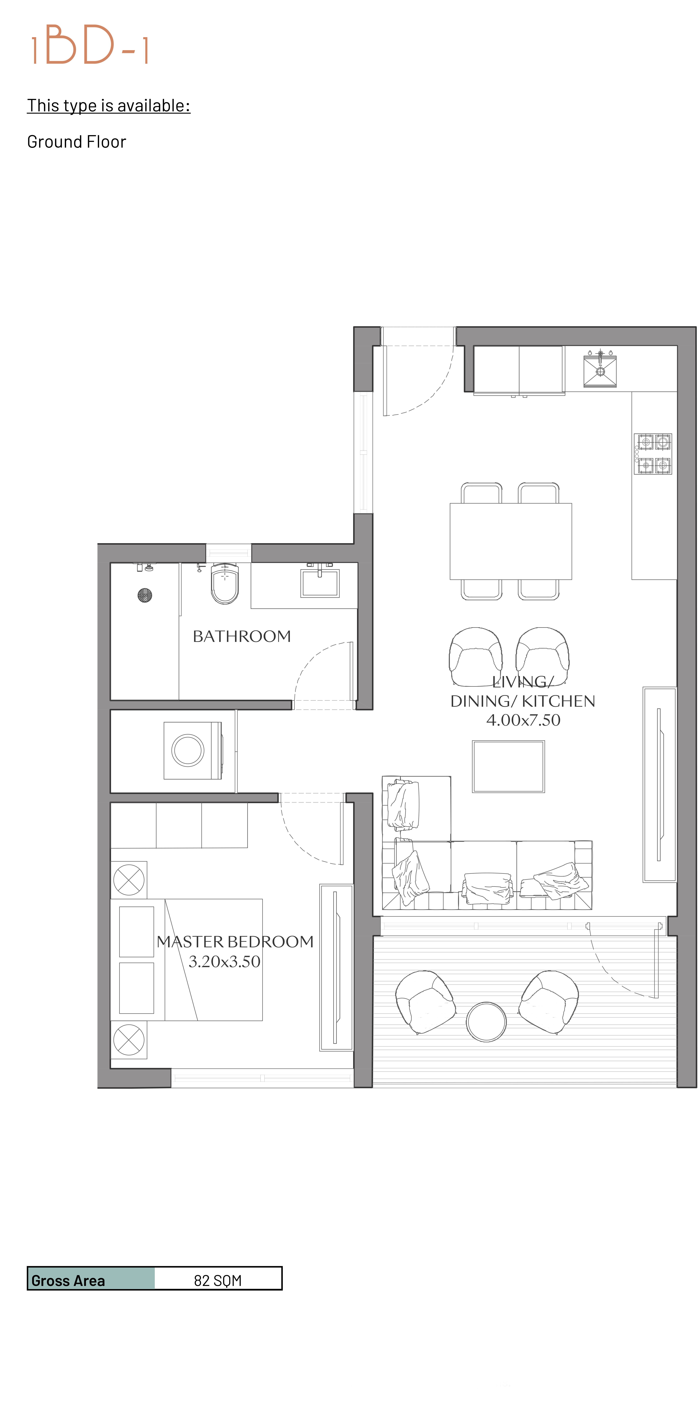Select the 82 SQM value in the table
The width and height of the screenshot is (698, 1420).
218,1280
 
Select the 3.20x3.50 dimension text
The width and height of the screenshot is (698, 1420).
224,961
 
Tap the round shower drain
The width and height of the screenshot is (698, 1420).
144,595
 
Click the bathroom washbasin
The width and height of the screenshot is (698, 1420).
320,582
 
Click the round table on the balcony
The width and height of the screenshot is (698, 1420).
486,1021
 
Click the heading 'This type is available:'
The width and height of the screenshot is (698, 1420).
109,105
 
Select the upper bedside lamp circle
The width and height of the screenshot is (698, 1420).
129,880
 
